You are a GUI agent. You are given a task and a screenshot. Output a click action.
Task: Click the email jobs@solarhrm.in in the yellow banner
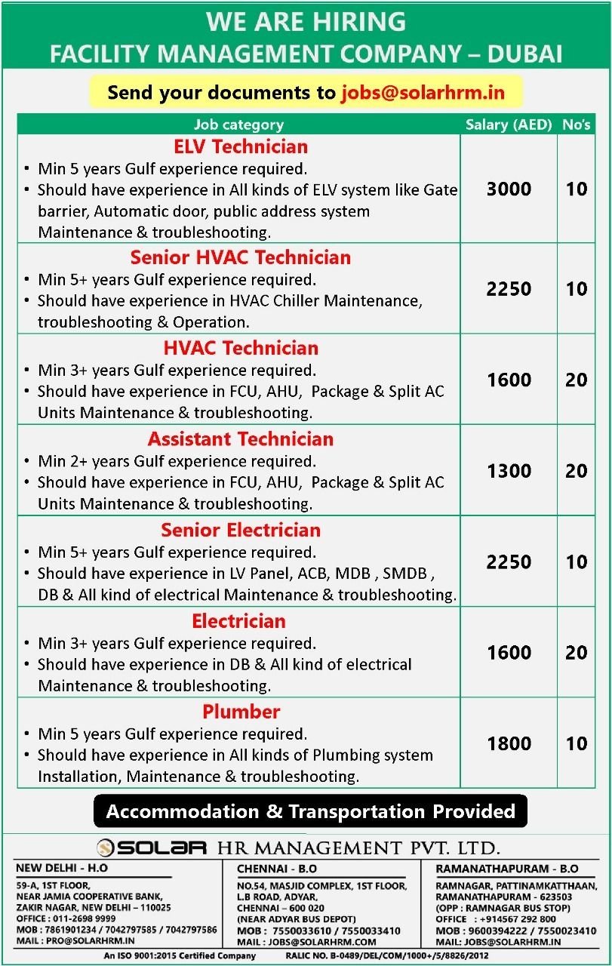423,93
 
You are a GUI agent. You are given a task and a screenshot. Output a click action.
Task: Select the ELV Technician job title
241,146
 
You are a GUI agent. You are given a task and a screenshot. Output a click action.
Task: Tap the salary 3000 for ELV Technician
509,189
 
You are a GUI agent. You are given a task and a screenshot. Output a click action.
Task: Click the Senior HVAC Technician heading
241,257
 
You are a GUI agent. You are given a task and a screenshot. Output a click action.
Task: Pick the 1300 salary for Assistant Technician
509,471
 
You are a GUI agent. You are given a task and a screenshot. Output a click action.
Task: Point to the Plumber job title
241,712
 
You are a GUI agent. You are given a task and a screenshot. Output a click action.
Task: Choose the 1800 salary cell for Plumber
509,743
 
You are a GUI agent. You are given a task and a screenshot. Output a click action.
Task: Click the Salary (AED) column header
509,125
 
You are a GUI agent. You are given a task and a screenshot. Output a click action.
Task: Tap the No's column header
577,125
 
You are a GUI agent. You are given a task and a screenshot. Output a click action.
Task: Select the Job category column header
238,125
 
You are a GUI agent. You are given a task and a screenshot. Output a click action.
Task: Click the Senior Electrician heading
241,530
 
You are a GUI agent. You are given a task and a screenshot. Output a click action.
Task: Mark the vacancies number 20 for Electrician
577,653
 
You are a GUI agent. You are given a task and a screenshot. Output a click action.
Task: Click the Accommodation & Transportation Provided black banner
310,811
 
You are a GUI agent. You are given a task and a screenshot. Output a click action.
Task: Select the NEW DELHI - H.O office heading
62,868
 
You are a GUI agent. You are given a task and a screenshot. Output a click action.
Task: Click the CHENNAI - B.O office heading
277,868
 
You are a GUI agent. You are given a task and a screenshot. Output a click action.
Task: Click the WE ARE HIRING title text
306,22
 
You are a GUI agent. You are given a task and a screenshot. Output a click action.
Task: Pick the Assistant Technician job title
241,439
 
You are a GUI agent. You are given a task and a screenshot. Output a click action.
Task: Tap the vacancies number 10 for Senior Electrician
577,562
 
